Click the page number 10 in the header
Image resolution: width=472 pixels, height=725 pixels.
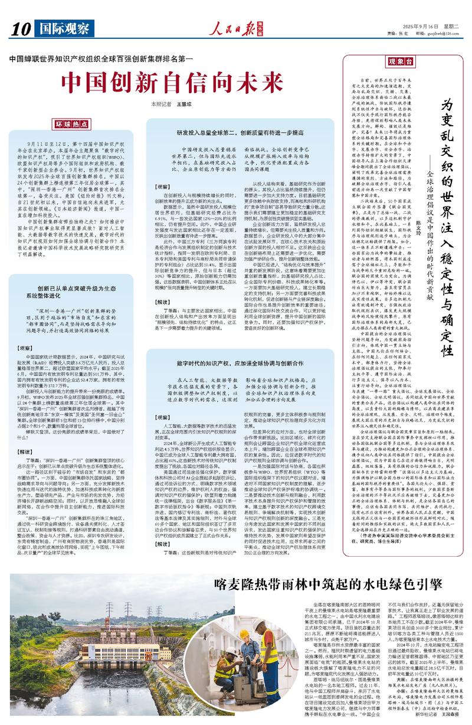(20, 28)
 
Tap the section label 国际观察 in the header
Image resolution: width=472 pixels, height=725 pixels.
(61, 28)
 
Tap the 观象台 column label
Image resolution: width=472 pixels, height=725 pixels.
(400, 62)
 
